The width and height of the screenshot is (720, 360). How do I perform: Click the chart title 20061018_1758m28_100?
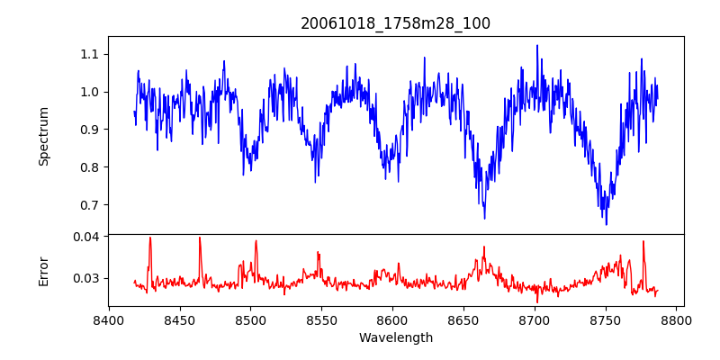coord(396,23)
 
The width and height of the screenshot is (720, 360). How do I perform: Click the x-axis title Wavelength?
coord(396,337)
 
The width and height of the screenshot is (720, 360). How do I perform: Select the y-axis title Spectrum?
coord(44,136)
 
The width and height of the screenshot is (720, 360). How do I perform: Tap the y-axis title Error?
coord(44,271)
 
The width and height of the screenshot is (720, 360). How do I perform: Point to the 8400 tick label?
coord(109,319)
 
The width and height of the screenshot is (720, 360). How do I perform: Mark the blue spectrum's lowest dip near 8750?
coord(606,224)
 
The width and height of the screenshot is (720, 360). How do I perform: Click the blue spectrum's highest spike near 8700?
coord(537,46)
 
